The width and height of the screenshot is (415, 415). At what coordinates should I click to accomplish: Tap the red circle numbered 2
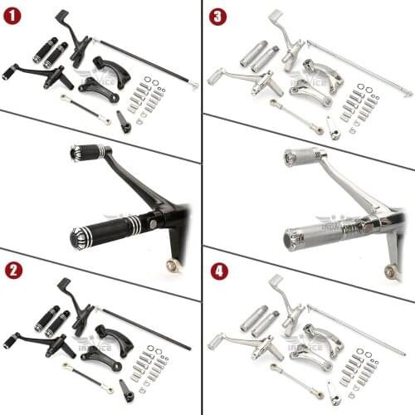[12, 270]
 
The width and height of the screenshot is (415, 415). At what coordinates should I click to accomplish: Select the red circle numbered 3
[217, 16]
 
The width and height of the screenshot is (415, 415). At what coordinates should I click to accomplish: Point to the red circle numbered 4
[217, 271]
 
